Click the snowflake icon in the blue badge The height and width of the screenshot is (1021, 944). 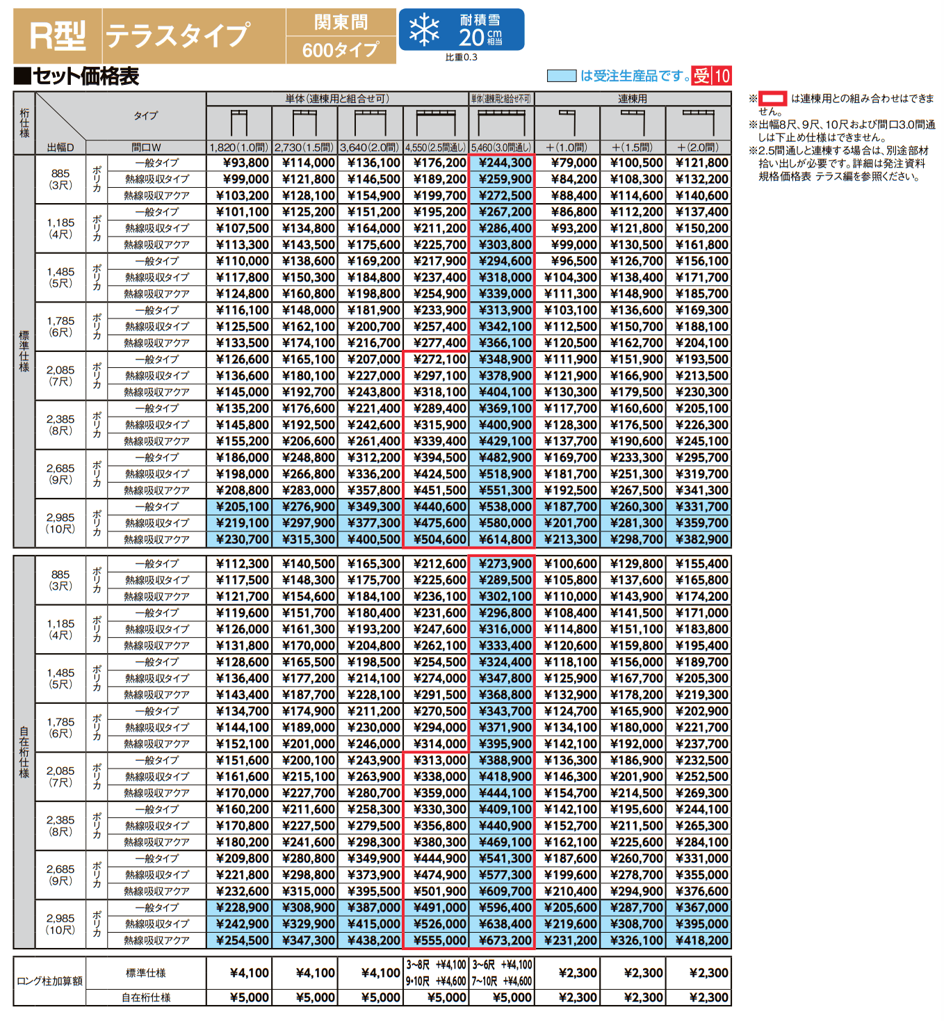click(x=424, y=30)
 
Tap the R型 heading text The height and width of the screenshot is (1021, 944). click(x=58, y=35)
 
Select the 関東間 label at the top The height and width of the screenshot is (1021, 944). click(x=341, y=22)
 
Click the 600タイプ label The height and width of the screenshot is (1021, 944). click(x=341, y=49)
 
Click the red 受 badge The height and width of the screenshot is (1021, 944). click(x=701, y=76)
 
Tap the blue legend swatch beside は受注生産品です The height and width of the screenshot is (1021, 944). click(x=562, y=76)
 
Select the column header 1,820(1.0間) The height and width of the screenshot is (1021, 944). click(x=238, y=147)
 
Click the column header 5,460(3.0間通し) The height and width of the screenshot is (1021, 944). click(x=501, y=147)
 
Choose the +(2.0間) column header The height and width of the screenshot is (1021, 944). click(x=698, y=147)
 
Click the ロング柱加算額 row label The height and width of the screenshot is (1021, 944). click(x=49, y=981)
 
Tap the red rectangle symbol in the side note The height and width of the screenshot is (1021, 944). click(x=772, y=99)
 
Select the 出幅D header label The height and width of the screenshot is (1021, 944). click(x=60, y=147)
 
